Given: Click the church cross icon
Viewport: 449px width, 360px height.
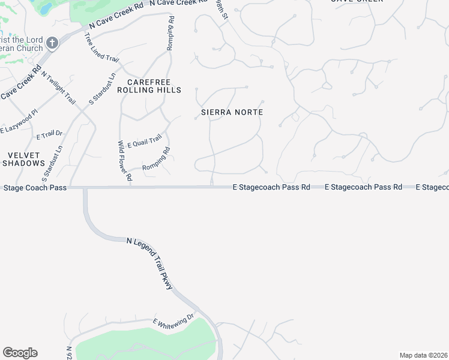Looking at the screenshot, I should (x=52, y=43).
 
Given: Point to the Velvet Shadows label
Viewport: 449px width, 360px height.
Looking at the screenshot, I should (x=24, y=158).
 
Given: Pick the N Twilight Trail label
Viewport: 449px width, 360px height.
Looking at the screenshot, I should (x=58, y=88).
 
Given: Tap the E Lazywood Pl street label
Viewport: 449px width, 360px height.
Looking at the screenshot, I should (x=19, y=121).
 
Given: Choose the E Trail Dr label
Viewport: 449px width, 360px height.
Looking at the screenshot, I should (x=49, y=135).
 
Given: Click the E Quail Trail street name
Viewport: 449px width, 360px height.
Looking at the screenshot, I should (x=144, y=141).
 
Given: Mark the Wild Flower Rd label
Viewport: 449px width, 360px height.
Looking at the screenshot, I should (x=124, y=161).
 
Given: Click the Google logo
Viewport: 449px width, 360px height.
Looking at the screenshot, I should (x=20, y=353).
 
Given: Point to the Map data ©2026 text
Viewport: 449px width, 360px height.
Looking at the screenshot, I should (x=423, y=355).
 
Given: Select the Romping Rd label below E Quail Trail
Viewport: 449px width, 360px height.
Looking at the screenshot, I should (x=157, y=159).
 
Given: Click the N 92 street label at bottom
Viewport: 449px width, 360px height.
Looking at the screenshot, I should (x=70, y=352).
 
